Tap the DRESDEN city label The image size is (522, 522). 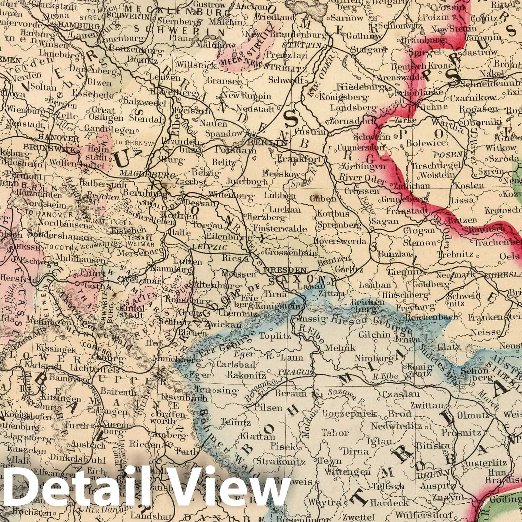point(285,270)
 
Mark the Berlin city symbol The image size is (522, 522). point(254,134)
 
